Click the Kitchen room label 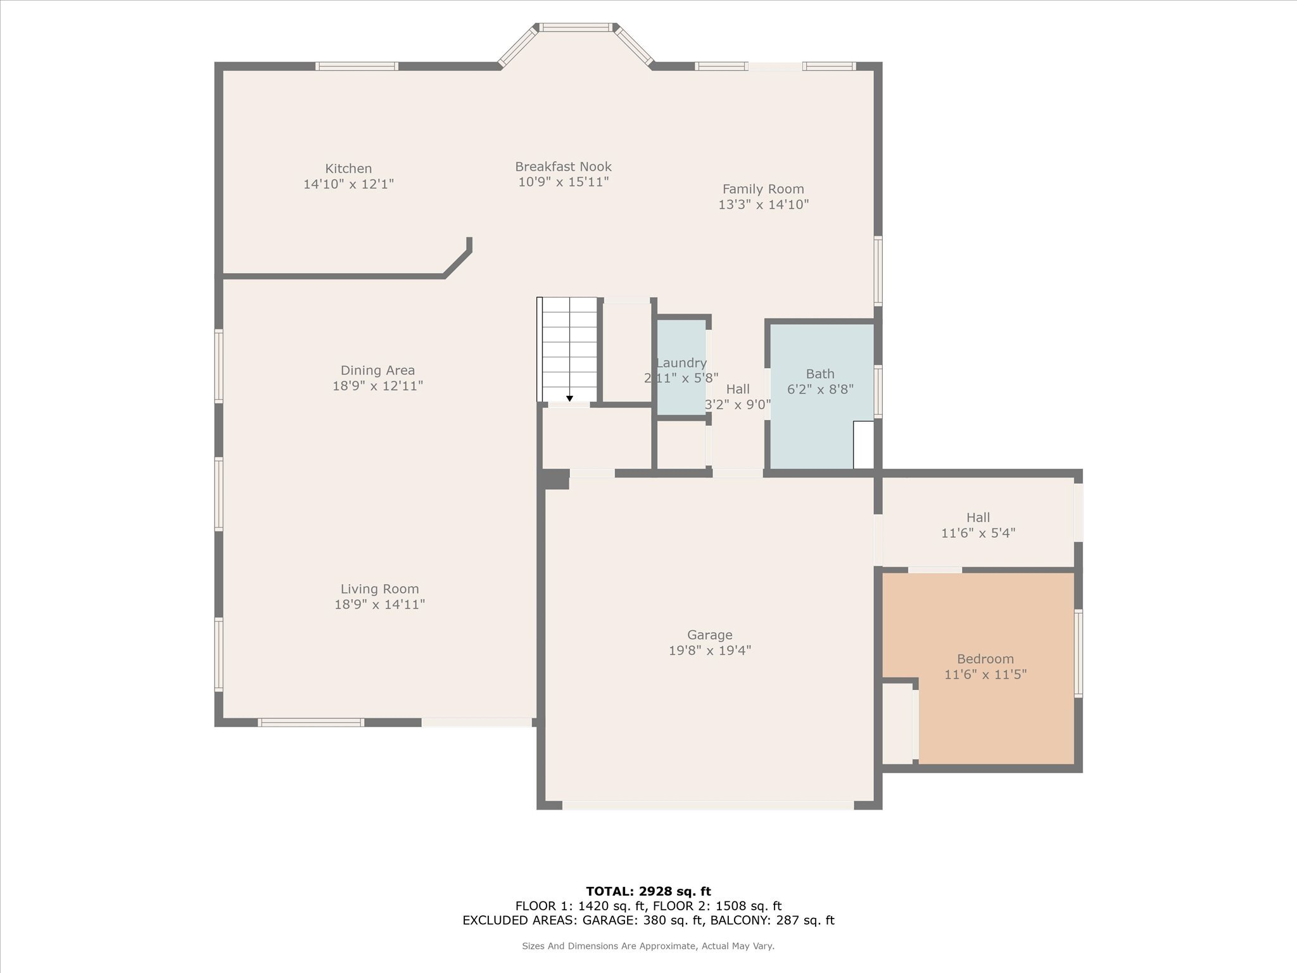point(348,169)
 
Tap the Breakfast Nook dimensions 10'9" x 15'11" point(563,182)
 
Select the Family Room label point(763,189)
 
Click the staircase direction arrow point(569,398)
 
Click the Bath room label point(820,374)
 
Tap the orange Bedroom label point(985,659)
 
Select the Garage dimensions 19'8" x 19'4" point(710,651)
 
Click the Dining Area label point(377,371)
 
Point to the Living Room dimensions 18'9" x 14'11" point(379,605)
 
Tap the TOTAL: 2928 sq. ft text point(648,891)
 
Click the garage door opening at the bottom point(708,806)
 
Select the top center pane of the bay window point(576,27)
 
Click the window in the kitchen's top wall point(357,66)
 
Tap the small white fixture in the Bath point(863,445)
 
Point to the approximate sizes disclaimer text point(648,946)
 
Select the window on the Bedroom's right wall point(1079,653)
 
